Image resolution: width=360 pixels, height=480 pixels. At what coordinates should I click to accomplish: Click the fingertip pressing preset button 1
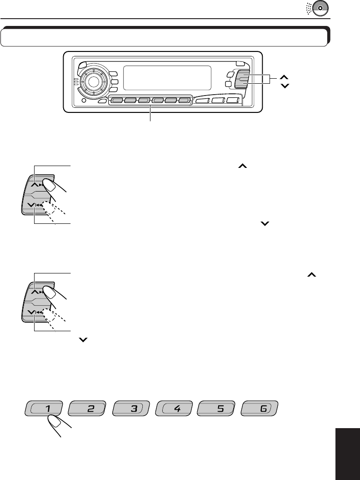pos(55,422)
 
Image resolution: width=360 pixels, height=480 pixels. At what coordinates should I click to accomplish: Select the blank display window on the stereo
pos(168,77)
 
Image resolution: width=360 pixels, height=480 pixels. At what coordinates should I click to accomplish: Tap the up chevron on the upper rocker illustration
pos(35,185)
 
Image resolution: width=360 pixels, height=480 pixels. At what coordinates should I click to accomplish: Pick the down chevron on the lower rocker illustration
pos(30,312)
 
